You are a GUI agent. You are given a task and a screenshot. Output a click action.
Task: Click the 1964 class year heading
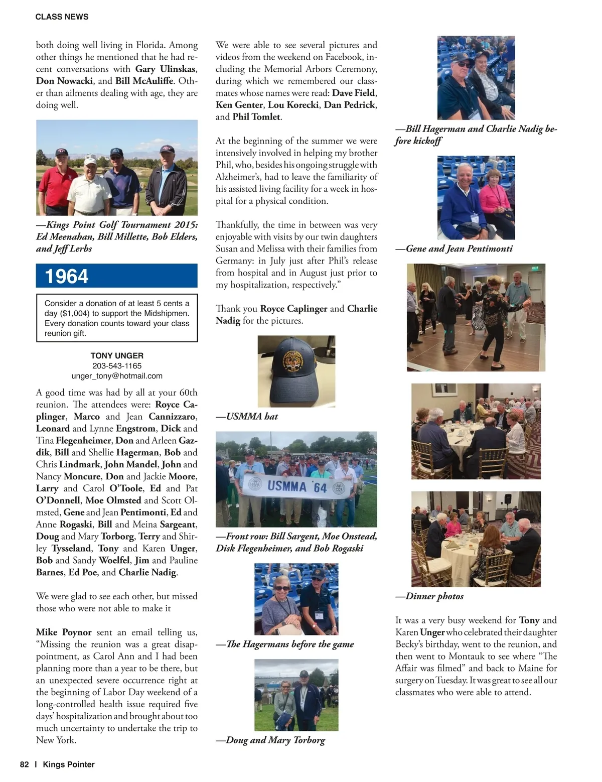pos(67,276)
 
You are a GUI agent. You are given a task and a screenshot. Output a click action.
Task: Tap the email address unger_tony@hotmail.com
pos(117,376)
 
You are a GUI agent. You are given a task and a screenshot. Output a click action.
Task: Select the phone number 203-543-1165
pos(117,366)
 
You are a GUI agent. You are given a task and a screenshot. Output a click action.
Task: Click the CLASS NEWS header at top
pos(62,17)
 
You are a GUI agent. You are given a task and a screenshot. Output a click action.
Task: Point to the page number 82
pos(25,764)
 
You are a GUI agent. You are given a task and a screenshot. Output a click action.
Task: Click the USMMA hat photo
pos(296,371)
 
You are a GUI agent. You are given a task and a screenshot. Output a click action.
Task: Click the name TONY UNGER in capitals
pos(117,355)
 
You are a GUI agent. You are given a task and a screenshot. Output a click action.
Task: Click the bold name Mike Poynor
pos(64,632)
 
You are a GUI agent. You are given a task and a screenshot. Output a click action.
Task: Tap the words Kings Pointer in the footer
pos(69,764)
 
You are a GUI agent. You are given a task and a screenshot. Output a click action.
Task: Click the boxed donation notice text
pos(117,318)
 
